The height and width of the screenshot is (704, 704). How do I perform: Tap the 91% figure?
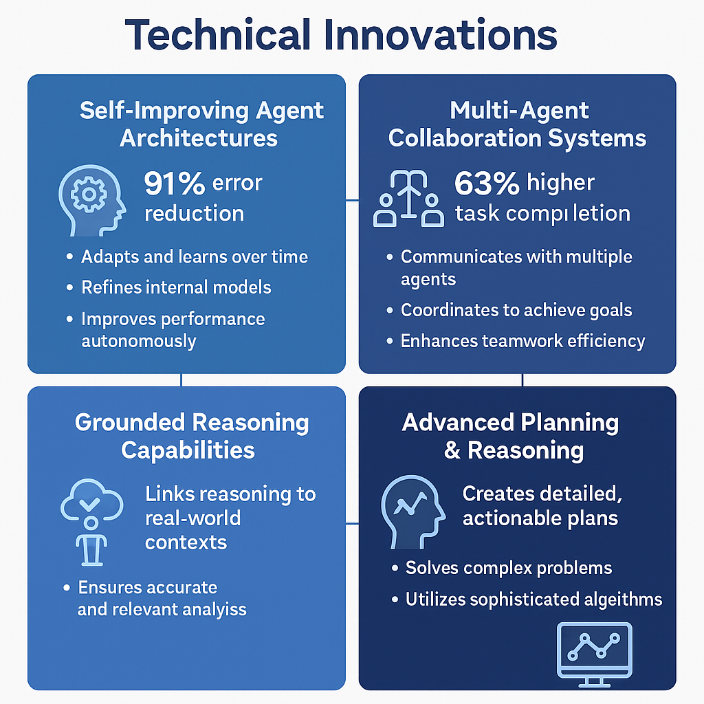point(175,184)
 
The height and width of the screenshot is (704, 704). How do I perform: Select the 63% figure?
point(487,184)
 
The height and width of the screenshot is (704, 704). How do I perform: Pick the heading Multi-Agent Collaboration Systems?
point(517,124)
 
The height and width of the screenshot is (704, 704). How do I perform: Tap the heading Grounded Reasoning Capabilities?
point(191,436)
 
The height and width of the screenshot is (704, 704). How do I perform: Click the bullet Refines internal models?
point(176,287)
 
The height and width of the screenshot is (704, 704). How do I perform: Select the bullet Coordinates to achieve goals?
point(516,310)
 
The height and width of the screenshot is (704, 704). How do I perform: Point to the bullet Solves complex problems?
point(508,568)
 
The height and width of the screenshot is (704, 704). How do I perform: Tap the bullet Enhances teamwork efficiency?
point(522,341)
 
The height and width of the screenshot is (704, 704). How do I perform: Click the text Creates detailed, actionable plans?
point(540,505)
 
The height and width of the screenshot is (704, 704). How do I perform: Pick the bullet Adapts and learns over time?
point(194,256)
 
